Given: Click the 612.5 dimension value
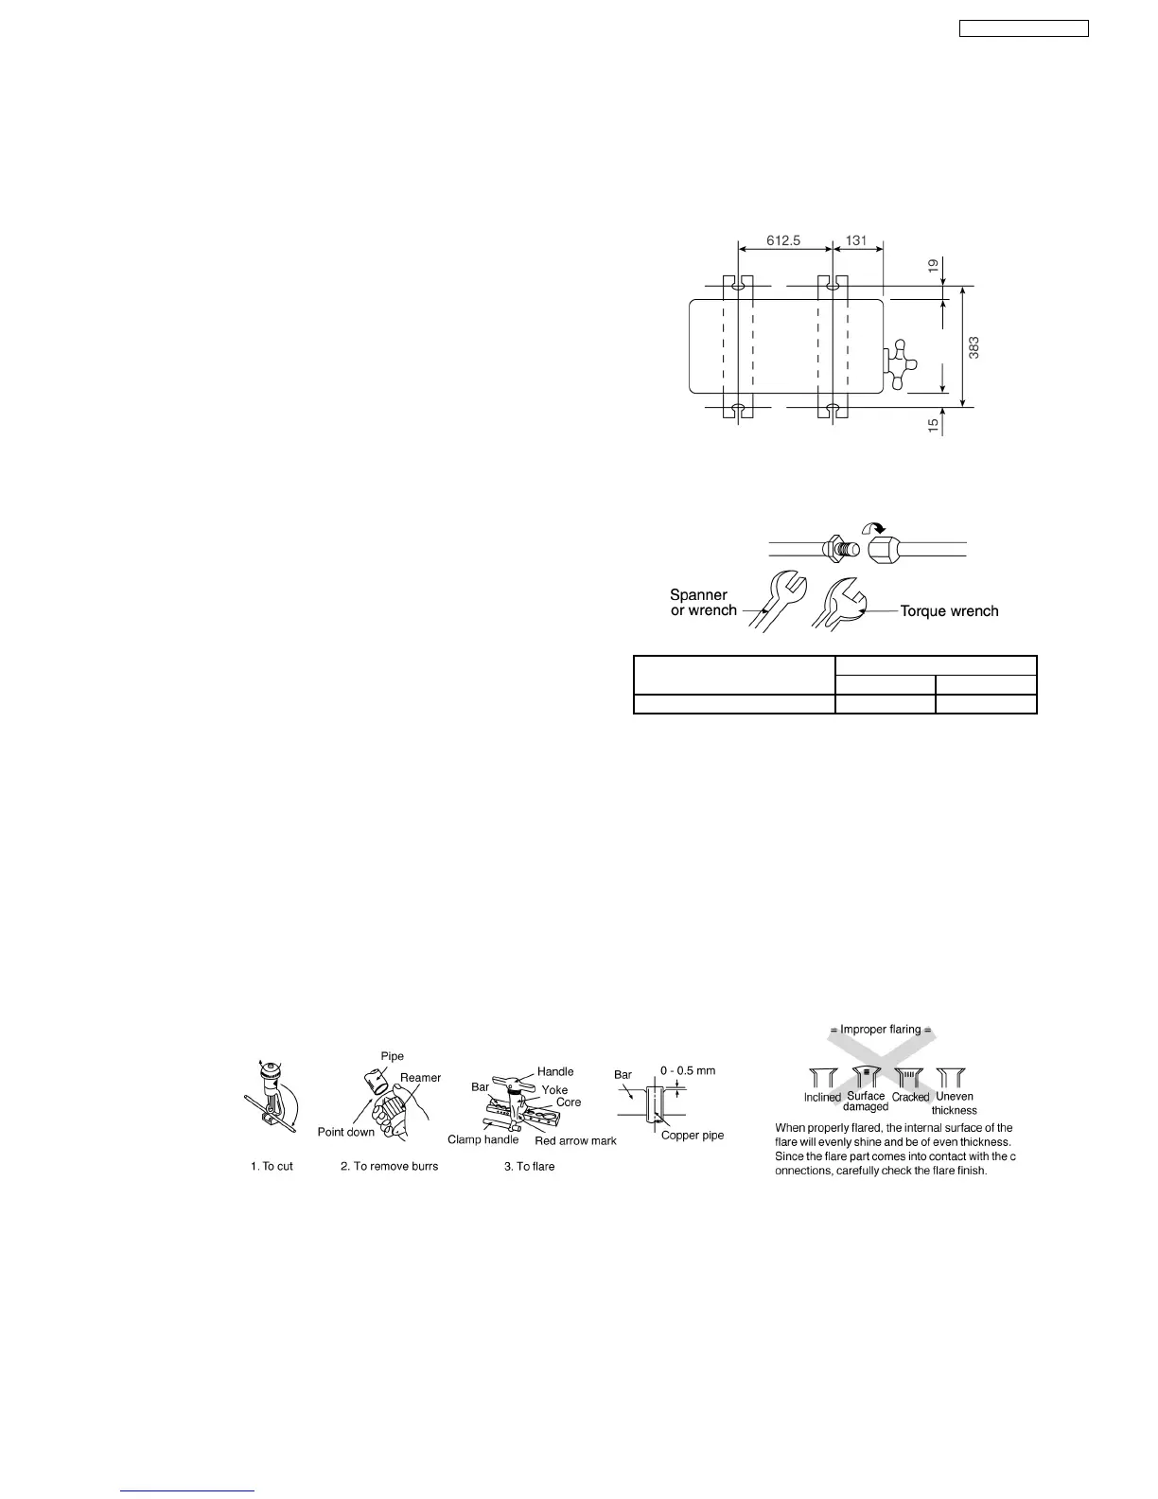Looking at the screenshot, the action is pyautogui.click(x=782, y=241).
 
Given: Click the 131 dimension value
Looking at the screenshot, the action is pyautogui.click(x=856, y=241).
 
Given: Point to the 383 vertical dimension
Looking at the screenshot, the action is pyautogui.click(x=974, y=347).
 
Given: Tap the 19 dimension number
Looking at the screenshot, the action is pyautogui.click(x=933, y=268).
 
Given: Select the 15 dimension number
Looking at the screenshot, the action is pyautogui.click(x=933, y=427).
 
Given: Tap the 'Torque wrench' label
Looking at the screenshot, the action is pyautogui.click(x=949, y=611).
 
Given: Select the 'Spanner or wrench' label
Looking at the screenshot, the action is pyautogui.click(x=702, y=603).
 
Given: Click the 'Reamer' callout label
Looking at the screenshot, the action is pyautogui.click(x=420, y=1078).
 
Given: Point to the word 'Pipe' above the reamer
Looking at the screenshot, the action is pyautogui.click(x=393, y=1056).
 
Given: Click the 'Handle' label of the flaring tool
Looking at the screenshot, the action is pyautogui.click(x=555, y=1071).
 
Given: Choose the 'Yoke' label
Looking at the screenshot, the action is pyautogui.click(x=554, y=1090).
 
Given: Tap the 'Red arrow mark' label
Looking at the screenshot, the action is pyautogui.click(x=575, y=1140).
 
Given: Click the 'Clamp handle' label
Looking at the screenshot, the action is pyautogui.click(x=482, y=1139).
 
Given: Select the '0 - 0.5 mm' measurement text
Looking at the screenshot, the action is pyautogui.click(x=688, y=1071).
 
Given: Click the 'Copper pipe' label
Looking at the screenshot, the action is pyautogui.click(x=693, y=1135).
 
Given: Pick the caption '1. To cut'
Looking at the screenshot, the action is pyautogui.click(x=272, y=1166).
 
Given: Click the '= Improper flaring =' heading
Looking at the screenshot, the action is pyautogui.click(x=881, y=1030).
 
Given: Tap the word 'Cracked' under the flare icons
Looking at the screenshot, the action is pyautogui.click(x=910, y=1098).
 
